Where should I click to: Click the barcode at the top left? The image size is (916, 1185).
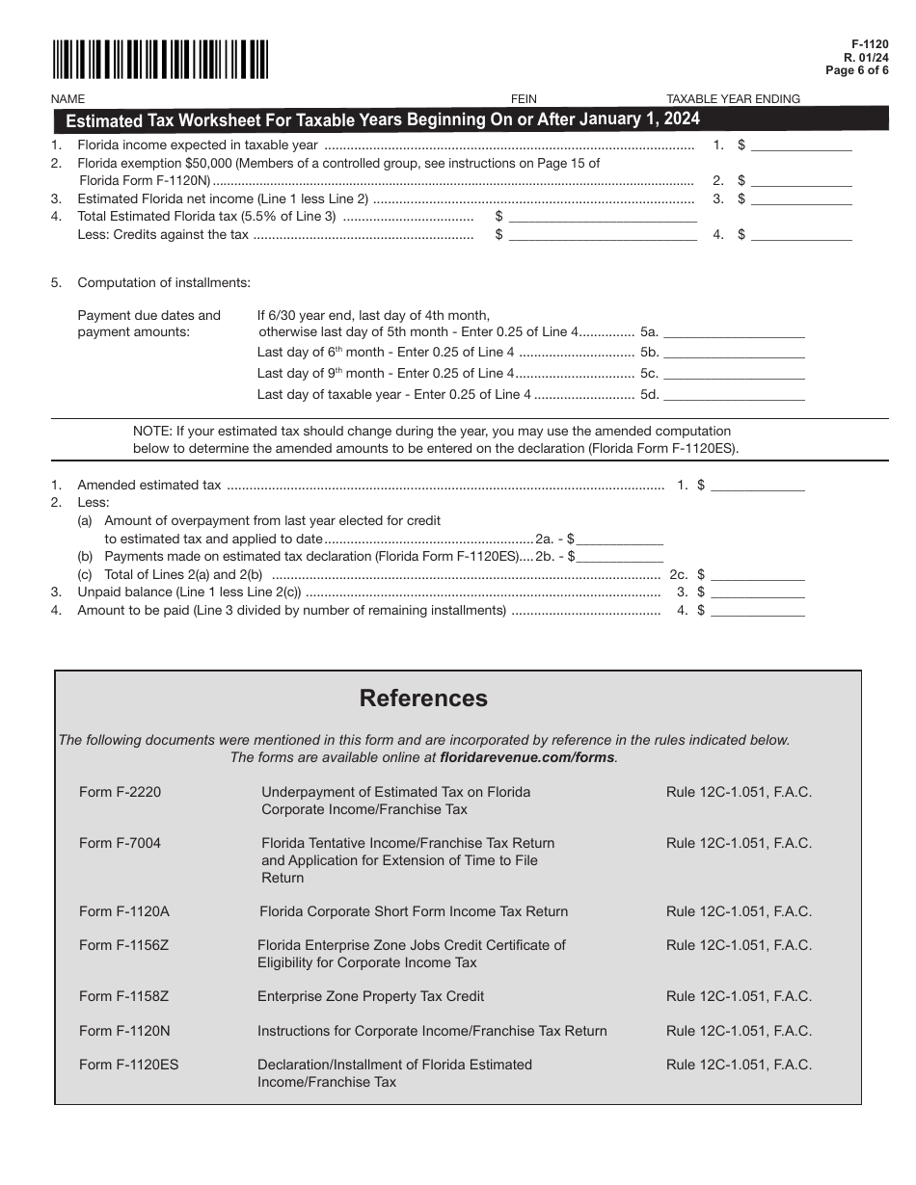[160, 60]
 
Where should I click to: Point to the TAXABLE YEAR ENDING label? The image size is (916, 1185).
[734, 98]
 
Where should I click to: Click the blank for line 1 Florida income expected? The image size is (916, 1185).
[801, 145]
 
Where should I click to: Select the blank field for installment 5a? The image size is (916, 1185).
[734, 331]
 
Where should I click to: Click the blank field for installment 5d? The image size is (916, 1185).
[734, 394]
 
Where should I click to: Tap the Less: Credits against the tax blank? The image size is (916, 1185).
[602, 234]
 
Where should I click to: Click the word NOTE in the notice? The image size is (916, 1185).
[150, 431]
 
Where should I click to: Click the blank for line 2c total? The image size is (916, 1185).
[757, 574]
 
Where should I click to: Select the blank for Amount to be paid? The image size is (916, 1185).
[757, 610]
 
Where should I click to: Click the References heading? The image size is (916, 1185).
[423, 698]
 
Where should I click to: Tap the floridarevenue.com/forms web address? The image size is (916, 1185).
[526, 757]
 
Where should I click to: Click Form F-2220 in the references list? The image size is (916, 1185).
[121, 792]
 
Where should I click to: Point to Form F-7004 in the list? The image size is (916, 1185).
[121, 843]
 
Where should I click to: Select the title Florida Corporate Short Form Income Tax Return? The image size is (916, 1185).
[414, 911]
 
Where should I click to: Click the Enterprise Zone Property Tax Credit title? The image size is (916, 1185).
[370, 996]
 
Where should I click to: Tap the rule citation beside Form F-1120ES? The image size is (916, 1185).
[739, 1065]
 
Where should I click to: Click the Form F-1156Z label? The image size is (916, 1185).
[124, 945]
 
